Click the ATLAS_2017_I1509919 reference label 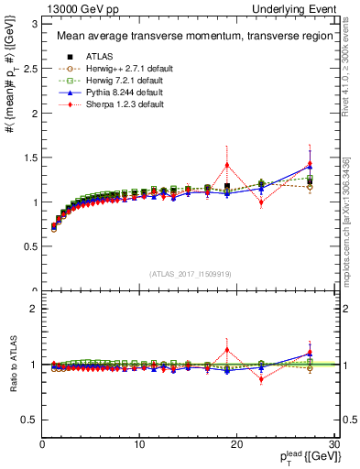click(x=189, y=273)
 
